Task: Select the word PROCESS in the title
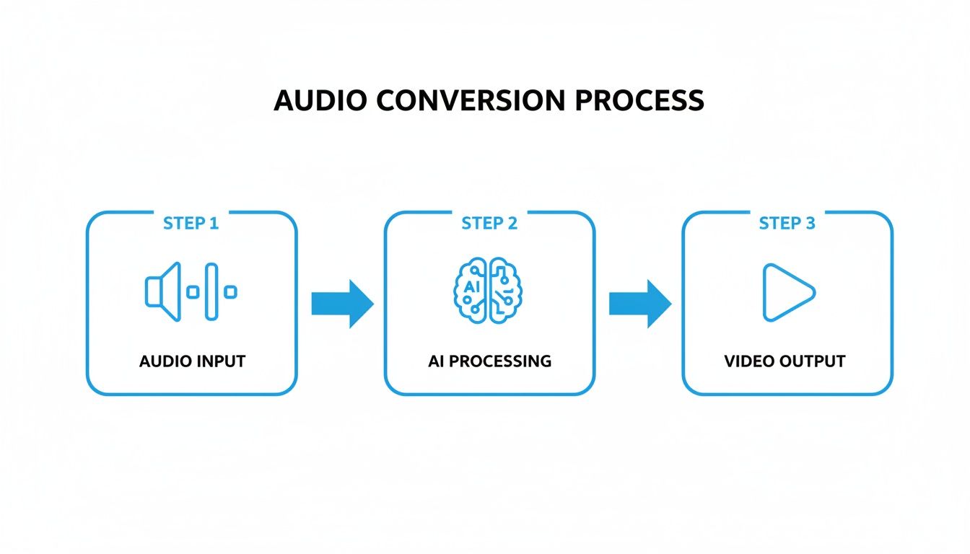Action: click(x=639, y=100)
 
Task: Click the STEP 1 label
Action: click(x=191, y=223)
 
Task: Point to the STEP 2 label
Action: click(x=489, y=223)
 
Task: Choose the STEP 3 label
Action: click(x=787, y=223)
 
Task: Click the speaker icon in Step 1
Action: click(x=163, y=291)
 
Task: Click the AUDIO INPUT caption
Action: click(x=192, y=361)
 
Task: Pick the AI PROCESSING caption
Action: click(x=489, y=361)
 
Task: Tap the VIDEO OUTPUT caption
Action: click(x=785, y=361)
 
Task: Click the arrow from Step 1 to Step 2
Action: click(x=341, y=304)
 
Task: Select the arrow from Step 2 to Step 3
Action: click(x=639, y=304)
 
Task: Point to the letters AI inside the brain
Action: click(x=472, y=286)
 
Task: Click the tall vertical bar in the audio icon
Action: click(x=211, y=291)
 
